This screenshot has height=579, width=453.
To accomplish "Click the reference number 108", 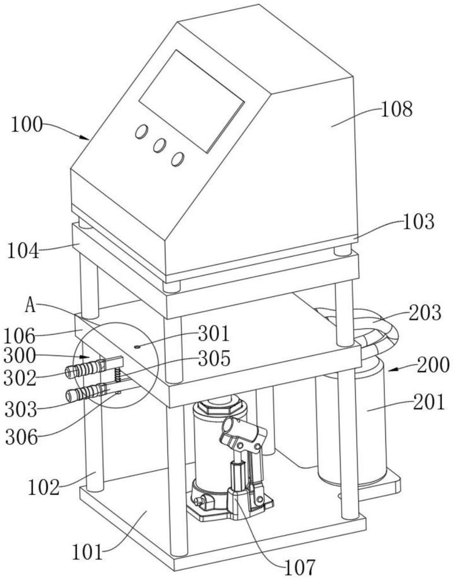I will coord(397,109).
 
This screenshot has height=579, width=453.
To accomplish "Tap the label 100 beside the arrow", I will coord(27,124).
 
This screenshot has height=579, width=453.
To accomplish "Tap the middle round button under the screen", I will coord(159,146).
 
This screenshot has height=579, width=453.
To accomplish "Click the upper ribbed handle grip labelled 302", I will coord(84,369).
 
